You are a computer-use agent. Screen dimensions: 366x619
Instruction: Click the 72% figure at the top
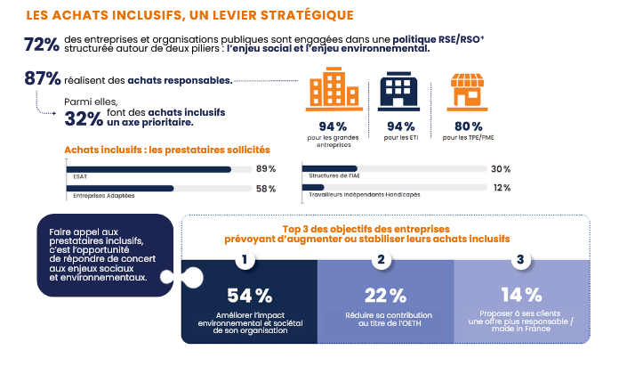click(41, 45)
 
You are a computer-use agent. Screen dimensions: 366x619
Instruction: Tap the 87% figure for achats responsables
click(43, 79)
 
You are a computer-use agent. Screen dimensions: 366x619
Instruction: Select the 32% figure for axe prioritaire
click(83, 118)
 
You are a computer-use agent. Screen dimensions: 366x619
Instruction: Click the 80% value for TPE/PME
click(468, 126)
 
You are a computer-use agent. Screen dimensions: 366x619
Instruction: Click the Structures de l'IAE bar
click(331, 168)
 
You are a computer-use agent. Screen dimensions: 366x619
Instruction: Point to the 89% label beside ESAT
click(265, 169)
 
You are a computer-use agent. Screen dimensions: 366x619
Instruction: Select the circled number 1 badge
click(245, 261)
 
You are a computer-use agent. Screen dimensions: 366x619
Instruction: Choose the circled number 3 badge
click(521, 261)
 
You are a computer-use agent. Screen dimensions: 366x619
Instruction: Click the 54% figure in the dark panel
click(250, 296)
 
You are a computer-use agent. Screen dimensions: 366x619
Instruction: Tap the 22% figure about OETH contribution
click(385, 296)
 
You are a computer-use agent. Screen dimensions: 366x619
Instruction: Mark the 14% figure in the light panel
click(521, 296)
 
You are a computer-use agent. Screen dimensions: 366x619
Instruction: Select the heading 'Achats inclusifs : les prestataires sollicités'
click(167, 150)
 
